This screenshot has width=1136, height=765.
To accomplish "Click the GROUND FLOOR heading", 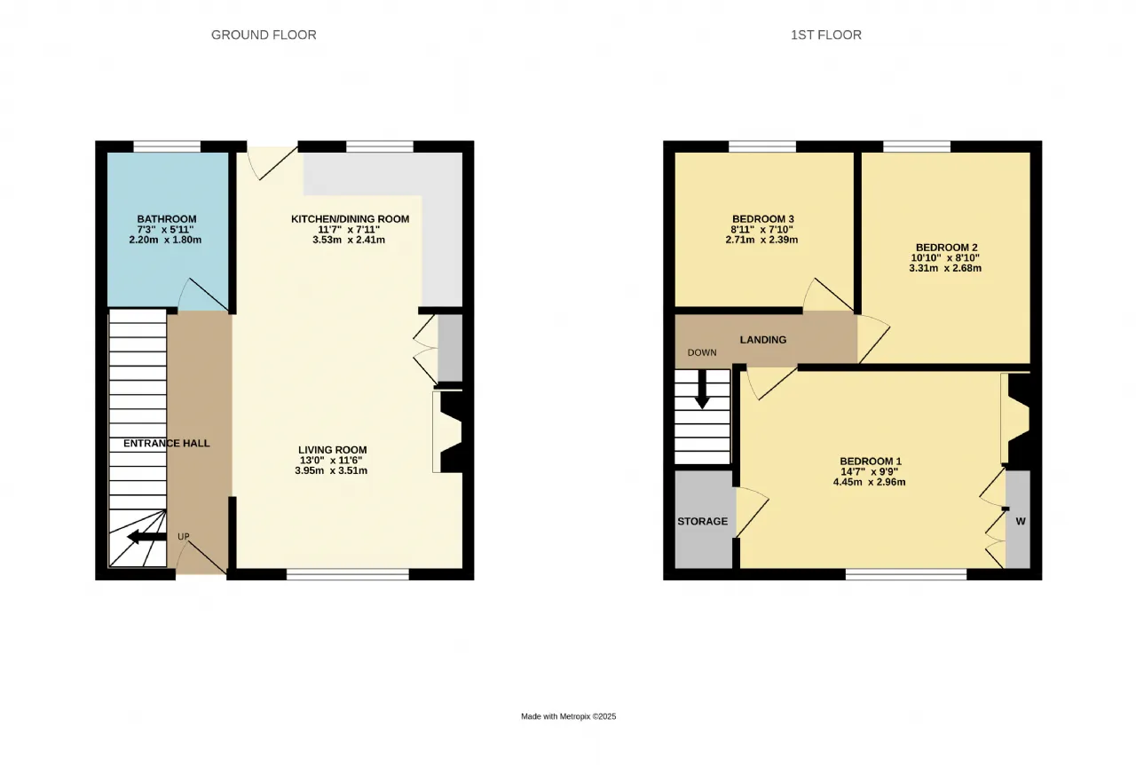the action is click(x=264, y=35).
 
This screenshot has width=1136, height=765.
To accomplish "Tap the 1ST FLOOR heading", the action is click(x=826, y=35).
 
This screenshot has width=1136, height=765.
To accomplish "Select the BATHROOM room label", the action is click(x=167, y=219).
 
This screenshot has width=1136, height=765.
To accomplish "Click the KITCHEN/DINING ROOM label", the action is click(x=350, y=219).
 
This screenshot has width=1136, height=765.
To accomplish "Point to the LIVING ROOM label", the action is click(x=332, y=450).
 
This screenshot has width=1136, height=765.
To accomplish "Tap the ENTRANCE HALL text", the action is click(x=166, y=444).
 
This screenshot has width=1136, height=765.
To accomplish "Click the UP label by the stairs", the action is click(x=184, y=536).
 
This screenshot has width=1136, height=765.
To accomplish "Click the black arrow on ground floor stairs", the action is click(x=146, y=537).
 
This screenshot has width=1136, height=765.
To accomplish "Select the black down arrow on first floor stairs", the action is click(x=702, y=389).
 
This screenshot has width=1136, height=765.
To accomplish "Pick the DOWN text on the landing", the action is click(x=702, y=352).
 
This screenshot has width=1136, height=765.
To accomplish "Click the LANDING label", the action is click(x=762, y=340).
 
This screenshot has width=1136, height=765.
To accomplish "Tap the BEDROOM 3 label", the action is click(x=761, y=219).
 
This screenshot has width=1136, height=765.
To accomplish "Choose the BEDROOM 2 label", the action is click(x=946, y=248).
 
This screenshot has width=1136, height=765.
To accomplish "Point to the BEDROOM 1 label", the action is click(x=871, y=461).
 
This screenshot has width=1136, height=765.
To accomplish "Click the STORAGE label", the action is click(x=702, y=522).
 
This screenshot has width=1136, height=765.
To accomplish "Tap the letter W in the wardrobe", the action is click(x=1021, y=521).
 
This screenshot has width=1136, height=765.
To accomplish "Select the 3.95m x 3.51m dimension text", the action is click(x=331, y=470).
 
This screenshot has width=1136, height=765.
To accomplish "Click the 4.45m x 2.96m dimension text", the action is click(x=869, y=482).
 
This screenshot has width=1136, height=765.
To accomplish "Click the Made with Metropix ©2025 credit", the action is click(x=569, y=716).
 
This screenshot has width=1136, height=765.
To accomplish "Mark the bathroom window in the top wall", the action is click(x=167, y=146).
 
